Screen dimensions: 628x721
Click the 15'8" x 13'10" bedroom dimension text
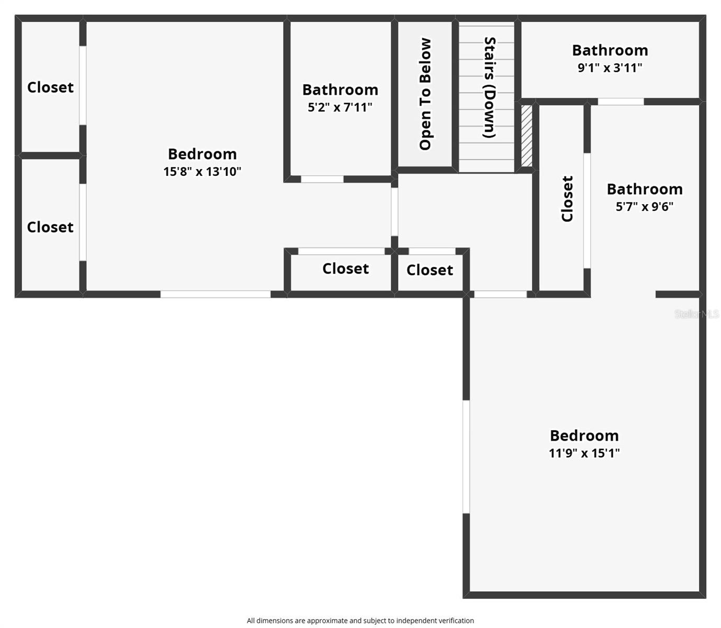click(202, 172)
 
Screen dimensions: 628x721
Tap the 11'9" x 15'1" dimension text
click(584, 453)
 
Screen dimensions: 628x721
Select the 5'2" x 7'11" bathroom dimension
click(340, 107)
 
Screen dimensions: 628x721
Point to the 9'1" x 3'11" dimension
click(610, 68)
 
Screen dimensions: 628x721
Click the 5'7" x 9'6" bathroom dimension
click(644, 206)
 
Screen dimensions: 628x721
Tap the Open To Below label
click(425, 94)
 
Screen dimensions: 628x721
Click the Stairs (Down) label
click(489, 87)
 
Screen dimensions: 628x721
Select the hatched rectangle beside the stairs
click(526, 136)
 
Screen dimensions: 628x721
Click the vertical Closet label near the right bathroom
click(567, 199)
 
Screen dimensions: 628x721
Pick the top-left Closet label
click(50, 87)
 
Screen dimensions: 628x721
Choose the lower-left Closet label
click(50, 227)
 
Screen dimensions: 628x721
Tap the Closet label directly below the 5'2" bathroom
click(345, 268)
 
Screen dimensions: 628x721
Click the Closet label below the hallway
click(430, 270)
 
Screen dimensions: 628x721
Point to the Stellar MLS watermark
click(696, 314)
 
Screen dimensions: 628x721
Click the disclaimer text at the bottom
click(360, 621)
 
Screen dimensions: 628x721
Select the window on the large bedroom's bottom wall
click(215, 294)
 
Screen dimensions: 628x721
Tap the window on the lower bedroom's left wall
click(466, 457)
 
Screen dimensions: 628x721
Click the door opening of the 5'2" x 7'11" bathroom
click(322, 179)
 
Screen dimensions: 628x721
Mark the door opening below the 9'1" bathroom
click(621, 102)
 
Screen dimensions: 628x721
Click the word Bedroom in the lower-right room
click(584, 435)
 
